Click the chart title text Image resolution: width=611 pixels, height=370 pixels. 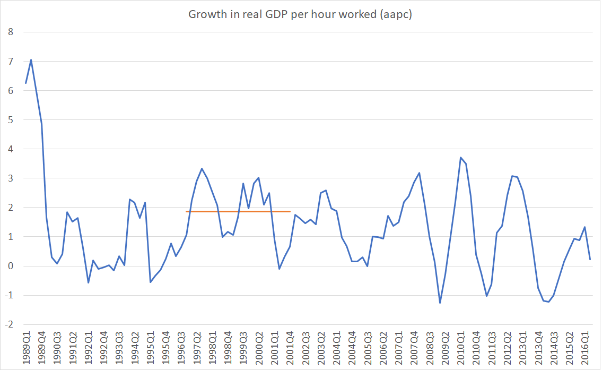[x=300, y=14]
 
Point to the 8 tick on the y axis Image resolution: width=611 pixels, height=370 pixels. [x=10, y=32]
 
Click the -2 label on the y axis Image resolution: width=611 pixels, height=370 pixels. [x=8, y=324]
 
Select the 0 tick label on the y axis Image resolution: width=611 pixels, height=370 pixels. [x=10, y=266]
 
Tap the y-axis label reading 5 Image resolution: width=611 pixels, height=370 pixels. [x=10, y=120]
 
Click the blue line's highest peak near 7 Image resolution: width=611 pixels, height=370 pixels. [x=31, y=59]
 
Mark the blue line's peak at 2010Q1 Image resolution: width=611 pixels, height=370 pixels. [x=460, y=158]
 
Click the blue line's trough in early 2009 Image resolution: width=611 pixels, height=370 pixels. [x=440, y=303]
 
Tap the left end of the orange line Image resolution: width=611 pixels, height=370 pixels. [x=186, y=212]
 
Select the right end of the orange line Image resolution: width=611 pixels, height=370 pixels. [x=290, y=212]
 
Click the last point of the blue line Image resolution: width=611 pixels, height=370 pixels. [x=590, y=259]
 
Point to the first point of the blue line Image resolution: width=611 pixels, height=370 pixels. [x=26, y=83]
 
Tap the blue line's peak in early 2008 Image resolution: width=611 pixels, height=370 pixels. [x=419, y=173]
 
